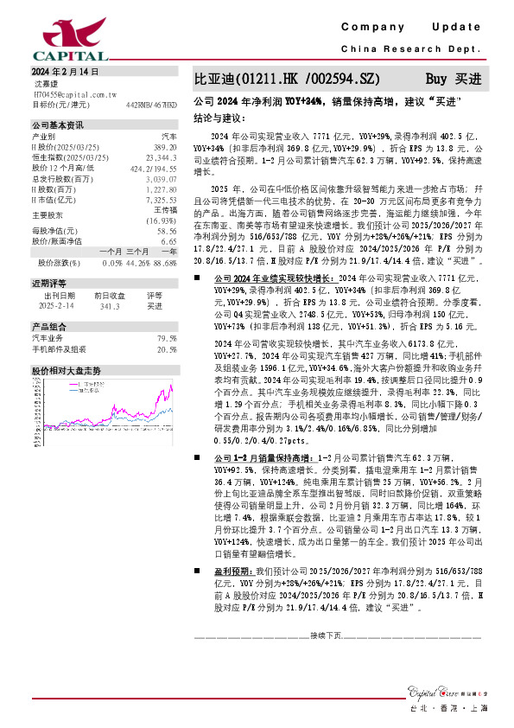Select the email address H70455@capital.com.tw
coord(75,94)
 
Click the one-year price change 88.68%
coord(165,262)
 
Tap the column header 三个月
coord(137,251)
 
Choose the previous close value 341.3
coord(109,305)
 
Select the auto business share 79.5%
coord(167,338)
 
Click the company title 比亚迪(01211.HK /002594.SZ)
coord(286,78)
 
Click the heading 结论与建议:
coord(219,117)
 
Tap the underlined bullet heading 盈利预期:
coord(234,572)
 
